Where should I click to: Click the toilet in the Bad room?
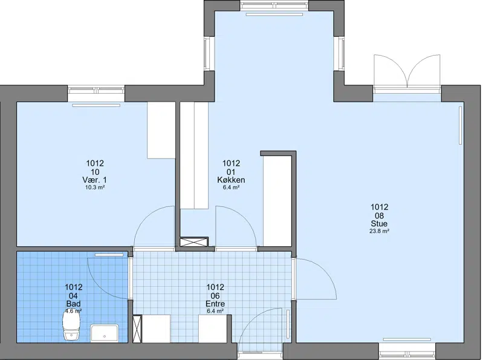click(71, 325)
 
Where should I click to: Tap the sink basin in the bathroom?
click(105, 333)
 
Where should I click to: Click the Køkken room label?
click(231, 180)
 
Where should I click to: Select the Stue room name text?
click(379, 223)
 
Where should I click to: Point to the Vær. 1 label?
click(95, 180)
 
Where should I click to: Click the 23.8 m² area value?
click(379, 231)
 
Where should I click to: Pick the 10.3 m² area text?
click(95, 187)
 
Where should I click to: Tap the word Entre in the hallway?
click(215, 304)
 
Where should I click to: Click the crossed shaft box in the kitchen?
click(194, 241)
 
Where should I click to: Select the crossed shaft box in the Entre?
click(137, 329)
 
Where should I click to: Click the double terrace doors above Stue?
click(407, 73)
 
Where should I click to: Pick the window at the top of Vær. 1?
click(96, 90)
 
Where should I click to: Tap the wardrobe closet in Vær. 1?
click(161, 130)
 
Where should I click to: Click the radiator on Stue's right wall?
click(461, 125)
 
